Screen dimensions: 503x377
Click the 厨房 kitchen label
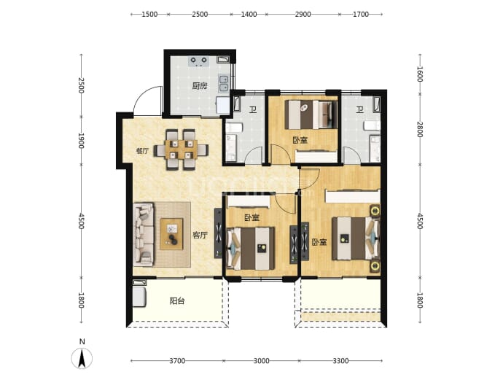pyautogui.click(x=200, y=85)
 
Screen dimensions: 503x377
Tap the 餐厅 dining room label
pyautogui.click(x=142, y=151)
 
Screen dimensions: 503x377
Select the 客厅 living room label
pyautogui.click(x=200, y=236)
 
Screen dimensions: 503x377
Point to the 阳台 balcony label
pyautogui.click(x=177, y=301)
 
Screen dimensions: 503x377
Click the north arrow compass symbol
pyautogui.click(x=82, y=358)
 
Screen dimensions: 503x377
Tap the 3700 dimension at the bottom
pyautogui.click(x=177, y=361)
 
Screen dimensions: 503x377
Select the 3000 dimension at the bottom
pyautogui.click(x=262, y=361)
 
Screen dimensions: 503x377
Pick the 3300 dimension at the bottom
pyautogui.click(x=340, y=361)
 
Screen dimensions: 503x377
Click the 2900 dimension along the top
pyautogui.click(x=303, y=14)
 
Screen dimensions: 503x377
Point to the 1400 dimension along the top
pyautogui.click(x=249, y=14)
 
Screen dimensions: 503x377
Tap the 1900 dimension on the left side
pyautogui.click(x=81, y=141)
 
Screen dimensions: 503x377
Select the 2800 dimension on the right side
pyautogui.click(x=420, y=129)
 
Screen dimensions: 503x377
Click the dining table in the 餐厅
pyautogui.click(x=181, y=149)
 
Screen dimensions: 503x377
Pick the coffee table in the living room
pyautogui.click(x=171, y=234)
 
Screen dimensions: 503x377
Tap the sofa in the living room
pyautogui.click(x=144, y=235)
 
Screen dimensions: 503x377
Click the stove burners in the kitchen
pyautogui.click(x=198, y=61)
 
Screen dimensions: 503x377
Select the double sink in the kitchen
pyautogui.click(x=224, y=83)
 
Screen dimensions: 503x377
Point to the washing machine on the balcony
pyautogui.click(x=139, y=297)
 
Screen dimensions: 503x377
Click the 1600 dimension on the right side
pyautogui.click(x=420, y=74)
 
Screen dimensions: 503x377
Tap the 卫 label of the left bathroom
pyautogui.click(x=253, y=109)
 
